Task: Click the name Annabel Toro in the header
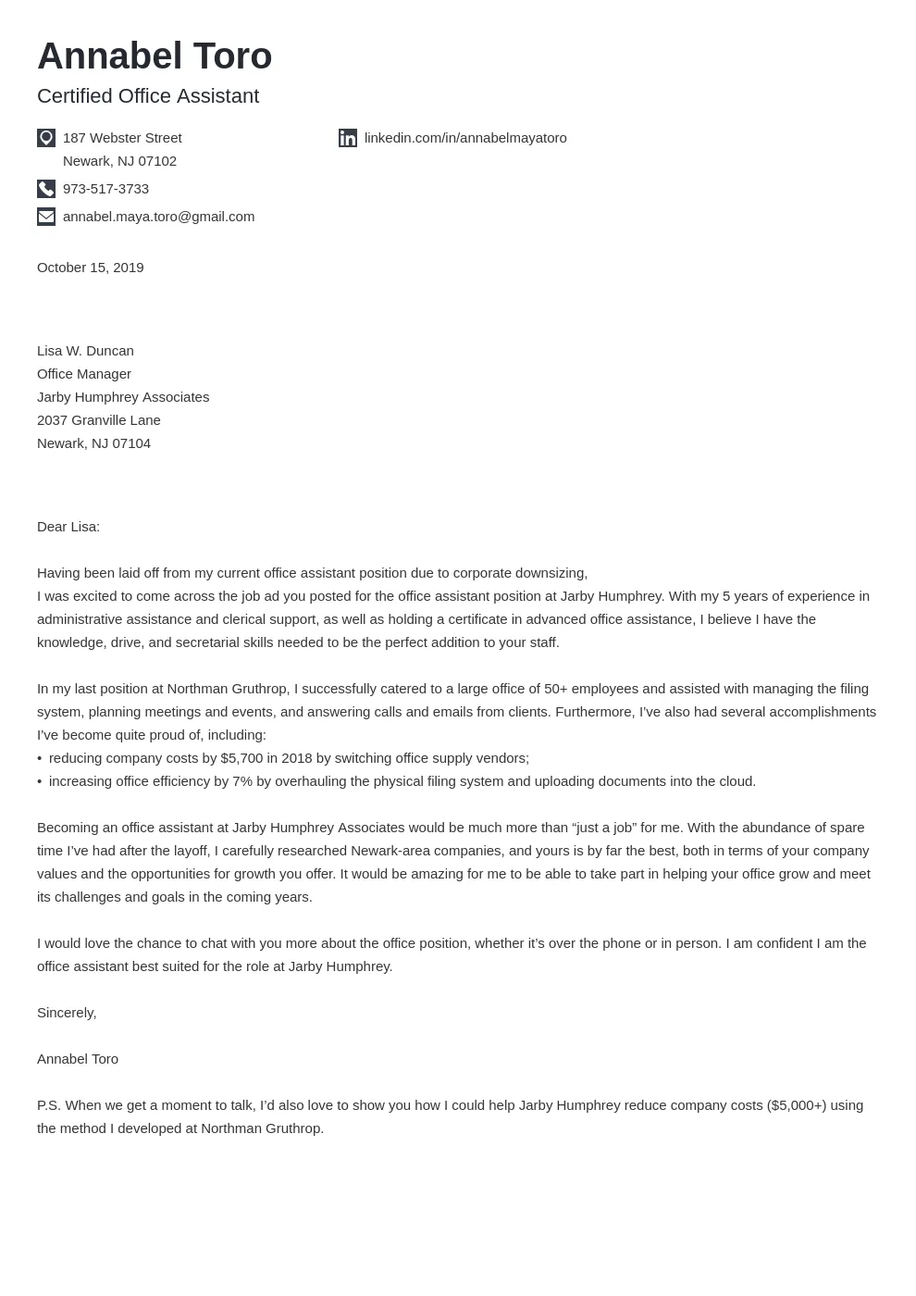point(155,56)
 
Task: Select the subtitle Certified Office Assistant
point(148,96)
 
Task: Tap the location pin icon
point(46,138)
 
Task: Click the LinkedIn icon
point(348,138)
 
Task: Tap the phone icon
point(46,189)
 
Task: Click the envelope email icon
point(46,217)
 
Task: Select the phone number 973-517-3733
point(105,189)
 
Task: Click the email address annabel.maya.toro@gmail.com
point(158,217)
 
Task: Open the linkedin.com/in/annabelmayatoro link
point(465,138)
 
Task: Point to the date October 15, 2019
point(90,268)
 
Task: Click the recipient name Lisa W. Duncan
point(85,351)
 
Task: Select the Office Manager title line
point(84,374)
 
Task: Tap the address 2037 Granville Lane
point(99,420)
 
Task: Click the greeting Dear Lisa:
point(68,527)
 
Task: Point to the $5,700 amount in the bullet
point(241,758)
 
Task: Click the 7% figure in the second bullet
point(242,781)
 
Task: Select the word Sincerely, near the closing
point(67,1013)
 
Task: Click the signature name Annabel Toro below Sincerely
point(78,1059)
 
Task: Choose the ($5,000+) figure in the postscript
point(797,1105)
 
